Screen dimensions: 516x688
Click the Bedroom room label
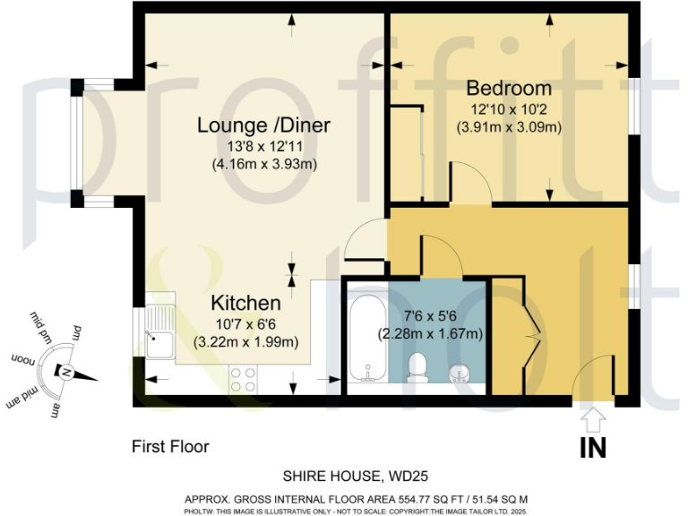[x=508, y=89]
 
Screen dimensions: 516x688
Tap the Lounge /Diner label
[x=264, y=125]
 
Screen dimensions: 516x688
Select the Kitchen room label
[x=245, y=304]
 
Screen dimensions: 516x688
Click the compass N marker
[x=64, y=372]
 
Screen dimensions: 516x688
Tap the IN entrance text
[x=592, y=445]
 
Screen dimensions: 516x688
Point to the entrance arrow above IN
[x=592, y=418]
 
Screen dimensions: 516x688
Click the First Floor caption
[x=170, y=445]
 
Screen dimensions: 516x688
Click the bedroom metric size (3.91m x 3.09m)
[x=509, y=126]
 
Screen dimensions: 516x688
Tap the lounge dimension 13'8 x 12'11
[x=264, y=146]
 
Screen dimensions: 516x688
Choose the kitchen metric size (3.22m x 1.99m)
[x=245, y=341]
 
